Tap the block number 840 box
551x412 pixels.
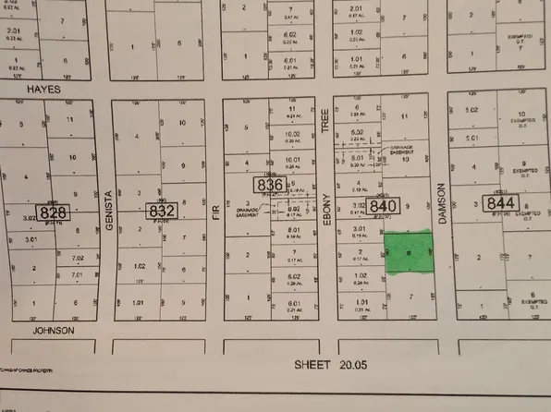point(386,207)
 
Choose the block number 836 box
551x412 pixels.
point(271,186)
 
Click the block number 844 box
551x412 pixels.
point(500,202)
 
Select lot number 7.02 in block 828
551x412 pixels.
point(79,260)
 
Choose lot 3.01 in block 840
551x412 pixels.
point(361,227)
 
